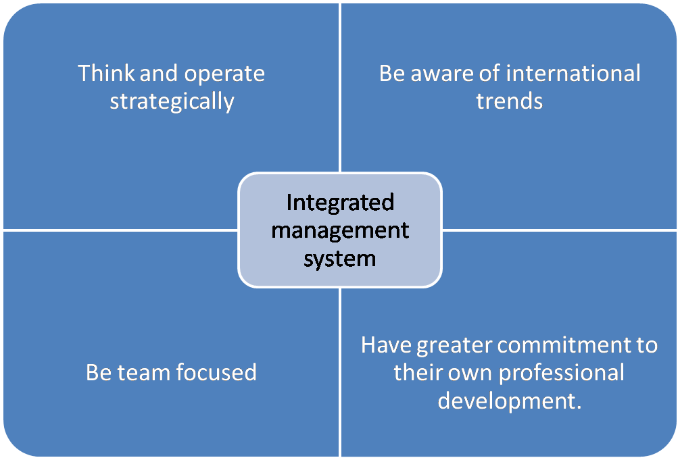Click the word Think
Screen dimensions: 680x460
tap(106, 73)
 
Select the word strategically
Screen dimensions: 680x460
tap(172, 102)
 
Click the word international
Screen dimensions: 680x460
tap(573, 73)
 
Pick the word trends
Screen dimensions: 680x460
tap(510, 101)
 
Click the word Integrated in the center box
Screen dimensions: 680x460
tap(340, 203)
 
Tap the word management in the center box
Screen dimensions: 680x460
tap(340, 230)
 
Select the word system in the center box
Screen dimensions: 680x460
tap(339, 259)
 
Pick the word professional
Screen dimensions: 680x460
tap(562, 374)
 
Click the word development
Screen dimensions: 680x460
tap(510, 401)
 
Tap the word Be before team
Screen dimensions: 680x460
tap(99, 373)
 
